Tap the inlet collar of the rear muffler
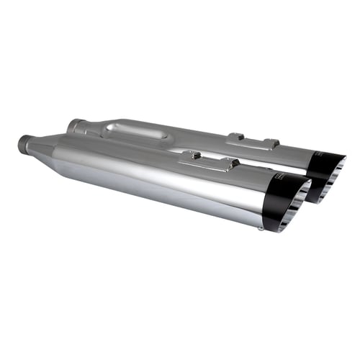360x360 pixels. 74,126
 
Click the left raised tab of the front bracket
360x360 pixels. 190,154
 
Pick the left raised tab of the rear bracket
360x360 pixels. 234,135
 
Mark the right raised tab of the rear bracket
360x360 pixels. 270,143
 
